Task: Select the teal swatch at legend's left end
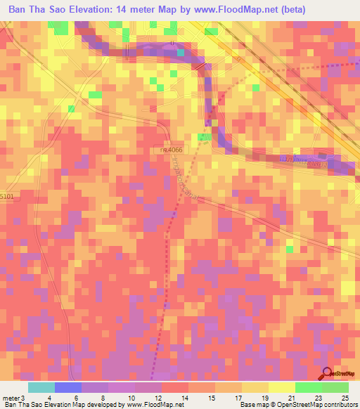pyautogui.click(x=41, y=387)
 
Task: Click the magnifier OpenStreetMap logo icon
pyautogui.click(x=327, y=374)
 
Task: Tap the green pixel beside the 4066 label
pyautogui.click(x=205, y=136)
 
